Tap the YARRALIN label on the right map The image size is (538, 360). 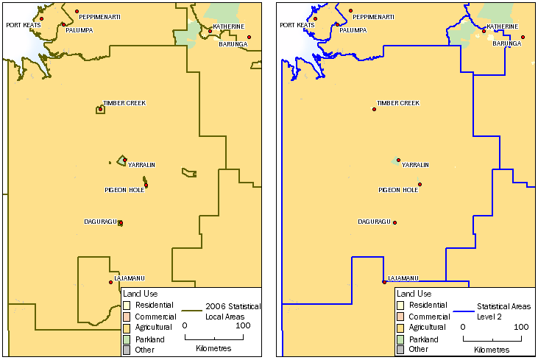(416, 165)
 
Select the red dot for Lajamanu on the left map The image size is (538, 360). (110, 282)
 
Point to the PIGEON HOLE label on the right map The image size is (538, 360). (398, 190)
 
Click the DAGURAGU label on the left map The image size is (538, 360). (100, 221)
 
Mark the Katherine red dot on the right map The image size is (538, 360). (484, 31)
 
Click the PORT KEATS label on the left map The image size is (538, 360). (23, 25)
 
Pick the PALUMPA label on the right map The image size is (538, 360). (353, 30)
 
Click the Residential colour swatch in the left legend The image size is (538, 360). (127, 305)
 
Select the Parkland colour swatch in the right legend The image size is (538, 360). (400, 339)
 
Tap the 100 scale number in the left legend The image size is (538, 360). (244, 326)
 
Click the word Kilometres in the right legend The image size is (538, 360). (491, 350)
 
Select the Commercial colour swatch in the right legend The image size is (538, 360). (400, 317)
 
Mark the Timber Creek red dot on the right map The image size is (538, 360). (374, 109)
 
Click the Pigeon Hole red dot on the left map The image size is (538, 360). (146, 185)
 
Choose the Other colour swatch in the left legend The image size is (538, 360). (127, 350)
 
